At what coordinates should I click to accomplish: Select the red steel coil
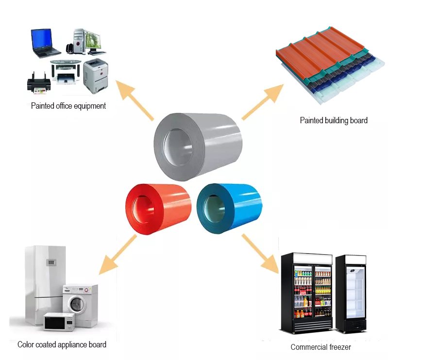(158, 209)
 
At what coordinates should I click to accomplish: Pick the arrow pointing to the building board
(263, 101)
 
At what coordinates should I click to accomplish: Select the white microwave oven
(59, 321)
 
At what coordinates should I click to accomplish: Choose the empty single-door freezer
(351, 294)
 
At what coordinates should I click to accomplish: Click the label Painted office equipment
(68, 106)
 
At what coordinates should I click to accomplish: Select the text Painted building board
(334, 120)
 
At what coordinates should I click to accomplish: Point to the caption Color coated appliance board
(62, 344)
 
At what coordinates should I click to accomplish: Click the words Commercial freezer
(320, 347)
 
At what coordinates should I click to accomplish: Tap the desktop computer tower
(79, 41)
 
